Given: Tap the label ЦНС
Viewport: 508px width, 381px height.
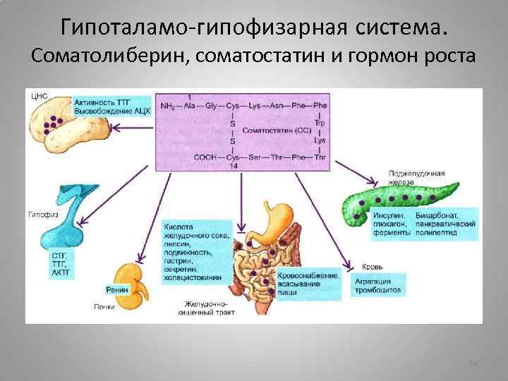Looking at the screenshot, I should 40,95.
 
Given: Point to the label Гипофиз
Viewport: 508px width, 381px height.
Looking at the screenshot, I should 39,213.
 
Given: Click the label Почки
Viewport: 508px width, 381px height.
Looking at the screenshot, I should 104,306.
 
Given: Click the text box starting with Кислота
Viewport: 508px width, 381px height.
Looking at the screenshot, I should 196,251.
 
